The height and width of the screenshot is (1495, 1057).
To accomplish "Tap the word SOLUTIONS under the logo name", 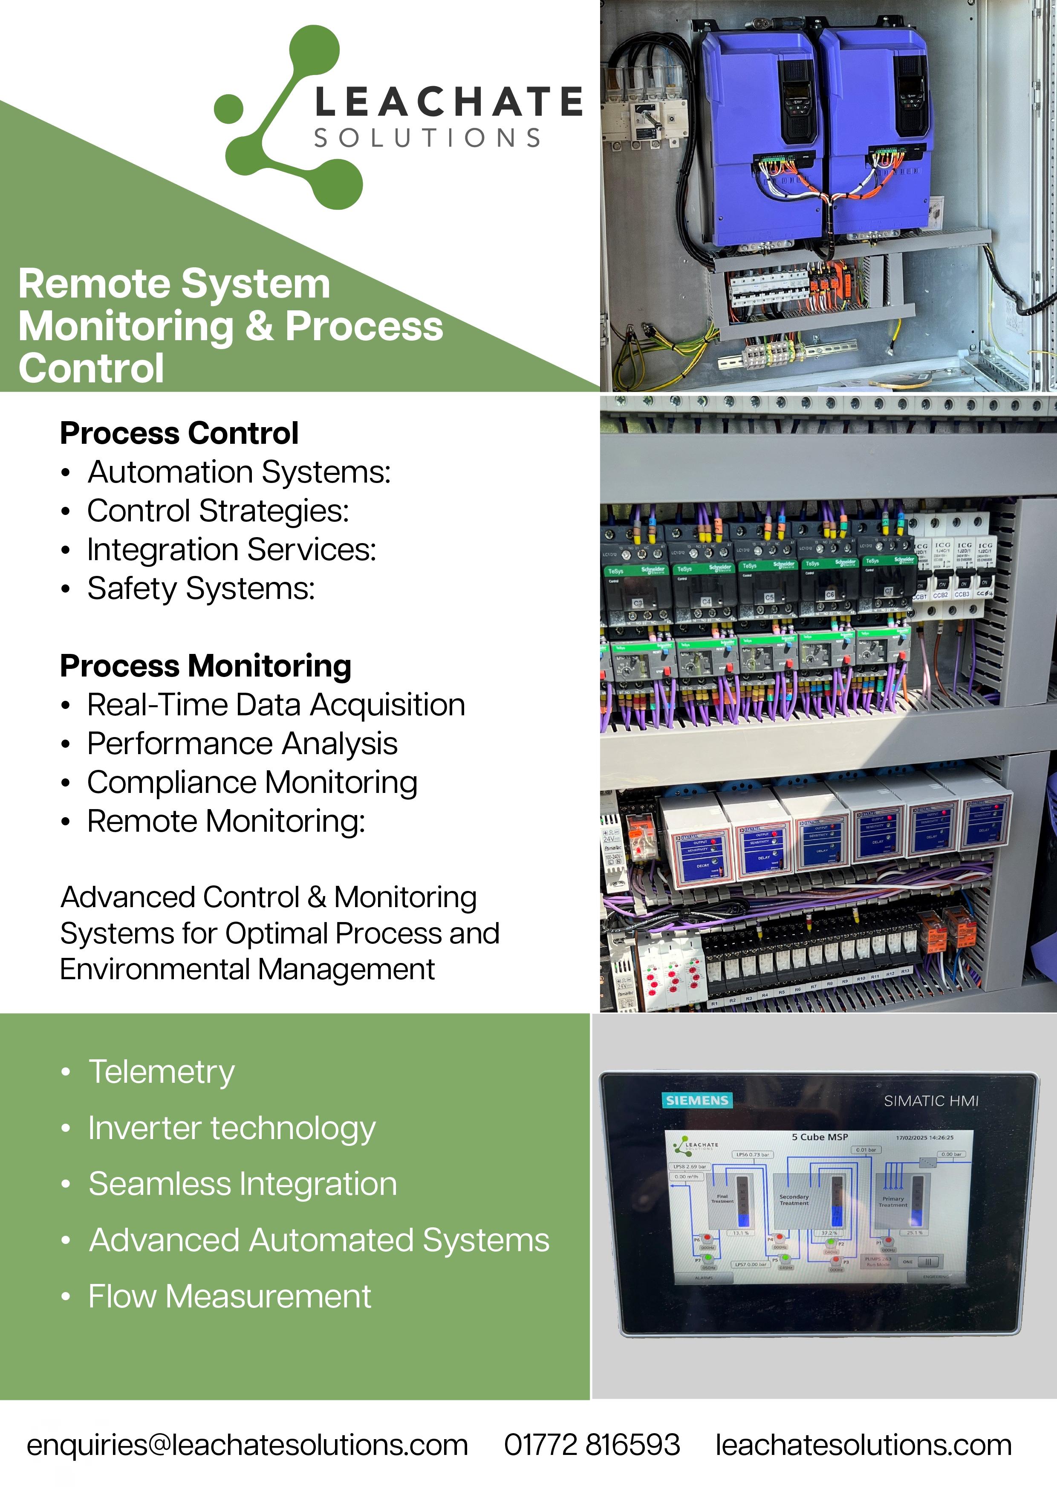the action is click(x=427, y=138).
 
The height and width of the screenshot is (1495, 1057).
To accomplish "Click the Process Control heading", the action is click(x=179, y=434).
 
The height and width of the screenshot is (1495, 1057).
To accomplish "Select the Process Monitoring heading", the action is click(x=206, y=666).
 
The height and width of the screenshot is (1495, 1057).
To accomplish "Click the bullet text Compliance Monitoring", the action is click(x=252, y=783).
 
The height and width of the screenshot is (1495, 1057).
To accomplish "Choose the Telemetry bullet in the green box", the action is click(x=162, y=1072).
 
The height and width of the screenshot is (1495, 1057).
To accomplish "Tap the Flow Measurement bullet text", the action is click(x=229, y=1296).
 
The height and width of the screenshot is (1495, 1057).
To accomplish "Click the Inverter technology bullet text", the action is click(x=232, y=1128).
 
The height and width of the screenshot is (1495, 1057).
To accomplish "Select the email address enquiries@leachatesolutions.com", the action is click(x=247, y=1444).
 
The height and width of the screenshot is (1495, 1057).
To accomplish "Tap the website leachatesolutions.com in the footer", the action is click(x=863, y=1444).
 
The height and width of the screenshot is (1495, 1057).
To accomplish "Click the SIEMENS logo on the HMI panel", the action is click(x=696, y=1100).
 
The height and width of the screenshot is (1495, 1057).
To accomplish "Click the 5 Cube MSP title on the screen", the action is click(x=820, y=1137).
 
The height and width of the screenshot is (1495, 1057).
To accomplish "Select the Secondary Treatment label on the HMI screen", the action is click(x=794, y=1200).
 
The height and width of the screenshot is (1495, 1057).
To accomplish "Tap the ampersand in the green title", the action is click(x=259, y=326).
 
